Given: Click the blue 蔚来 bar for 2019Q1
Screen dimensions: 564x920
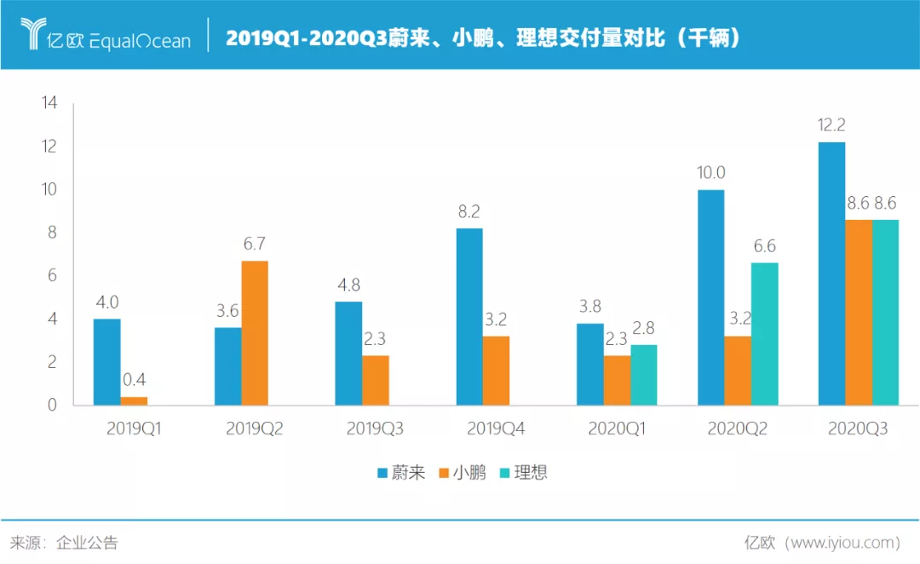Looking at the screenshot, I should [x=106, y=362].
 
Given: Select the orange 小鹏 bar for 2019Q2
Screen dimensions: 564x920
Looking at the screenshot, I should [x=255, y=333].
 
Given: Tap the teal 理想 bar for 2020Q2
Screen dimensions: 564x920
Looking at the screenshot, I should [x=764, y=334].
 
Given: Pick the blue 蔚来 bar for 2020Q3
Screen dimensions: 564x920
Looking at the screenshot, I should [x=831, y=273].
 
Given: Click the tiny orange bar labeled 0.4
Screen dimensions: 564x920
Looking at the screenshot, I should [x=134, y=400].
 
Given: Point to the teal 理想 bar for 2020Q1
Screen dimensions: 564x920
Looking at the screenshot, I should [x=643, y=375].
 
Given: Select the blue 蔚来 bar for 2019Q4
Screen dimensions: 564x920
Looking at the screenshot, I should [x=469, y=317].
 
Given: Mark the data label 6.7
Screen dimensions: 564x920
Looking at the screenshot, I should [x=255, y=245].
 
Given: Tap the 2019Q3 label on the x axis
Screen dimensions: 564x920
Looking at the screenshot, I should [x=375, y=429].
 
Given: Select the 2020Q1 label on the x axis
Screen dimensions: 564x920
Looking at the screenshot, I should [x=617, y=429].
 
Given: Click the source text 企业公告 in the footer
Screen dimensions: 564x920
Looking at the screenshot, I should [x=87, y=543].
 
